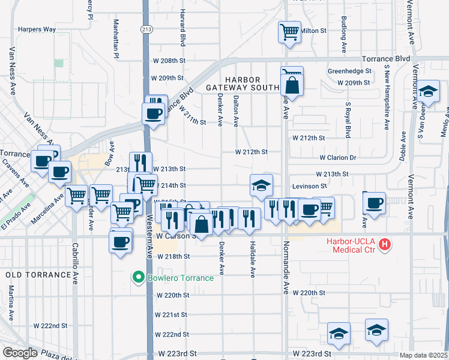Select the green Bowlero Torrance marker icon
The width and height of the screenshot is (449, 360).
(x=138, y=277)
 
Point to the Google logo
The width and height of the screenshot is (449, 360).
(x=20, y=353)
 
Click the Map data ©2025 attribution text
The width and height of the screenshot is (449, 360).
(x=423, y=355)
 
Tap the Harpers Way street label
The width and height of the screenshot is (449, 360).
(x=37, y=29)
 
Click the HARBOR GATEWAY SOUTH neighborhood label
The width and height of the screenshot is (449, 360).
(x=243, y=83)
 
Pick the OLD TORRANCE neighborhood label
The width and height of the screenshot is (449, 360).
(x=38, y=275)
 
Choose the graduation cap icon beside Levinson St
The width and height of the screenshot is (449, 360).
(x=262, y=185)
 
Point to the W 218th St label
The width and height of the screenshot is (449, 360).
(x=173, y=256)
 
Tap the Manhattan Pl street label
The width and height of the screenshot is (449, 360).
(x=116, y=38)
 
